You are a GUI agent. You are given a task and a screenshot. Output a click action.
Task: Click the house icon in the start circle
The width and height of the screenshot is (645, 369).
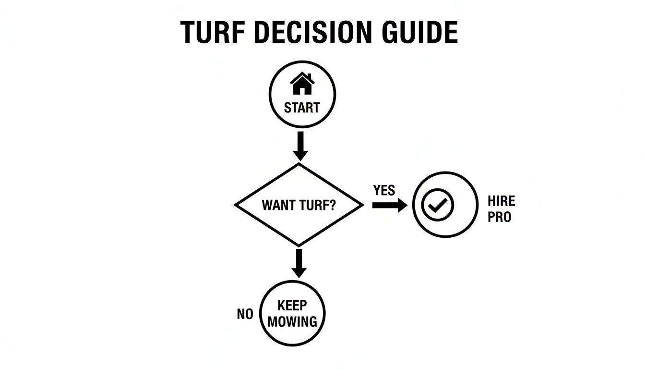(x=302, y=84)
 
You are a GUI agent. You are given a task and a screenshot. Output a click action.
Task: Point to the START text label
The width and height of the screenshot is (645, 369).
(x=301, y=108)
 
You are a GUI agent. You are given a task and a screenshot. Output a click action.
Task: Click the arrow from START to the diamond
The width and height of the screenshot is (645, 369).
(x=300, y=146)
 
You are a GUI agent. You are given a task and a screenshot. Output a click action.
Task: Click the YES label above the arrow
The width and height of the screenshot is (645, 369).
(x=384, y=190)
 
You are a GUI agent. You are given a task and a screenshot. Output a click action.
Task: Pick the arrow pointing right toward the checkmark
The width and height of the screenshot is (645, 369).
(x=389, y=205)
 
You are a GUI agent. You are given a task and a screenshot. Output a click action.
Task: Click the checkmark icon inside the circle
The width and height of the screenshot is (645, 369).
(x=437, y=205)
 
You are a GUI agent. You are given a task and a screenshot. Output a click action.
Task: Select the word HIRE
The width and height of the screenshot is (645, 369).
(x=501, y=201)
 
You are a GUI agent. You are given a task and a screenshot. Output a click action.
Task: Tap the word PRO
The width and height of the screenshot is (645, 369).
(x=499, y=217)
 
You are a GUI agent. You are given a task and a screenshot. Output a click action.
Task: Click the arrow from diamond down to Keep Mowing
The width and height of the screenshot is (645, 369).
(x=299, y=262)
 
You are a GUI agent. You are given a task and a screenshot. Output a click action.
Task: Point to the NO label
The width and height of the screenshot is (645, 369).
(x=245, y=314)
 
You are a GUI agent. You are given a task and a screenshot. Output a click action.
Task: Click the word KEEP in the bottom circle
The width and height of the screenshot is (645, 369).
(x=292, y=306)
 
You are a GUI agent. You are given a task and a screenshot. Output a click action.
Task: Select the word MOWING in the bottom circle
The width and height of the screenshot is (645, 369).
(x=292, y=321)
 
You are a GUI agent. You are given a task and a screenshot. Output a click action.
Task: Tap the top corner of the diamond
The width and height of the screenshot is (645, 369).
(x=299, y=164)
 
